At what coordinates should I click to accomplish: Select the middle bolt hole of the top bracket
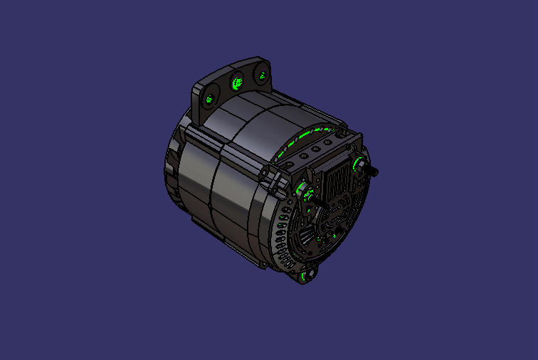[236, 85]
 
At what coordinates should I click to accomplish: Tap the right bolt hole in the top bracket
[261, 75]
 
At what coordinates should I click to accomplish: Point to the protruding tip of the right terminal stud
[375, 172]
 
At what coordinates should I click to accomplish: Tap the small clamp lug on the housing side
[271, 178]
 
